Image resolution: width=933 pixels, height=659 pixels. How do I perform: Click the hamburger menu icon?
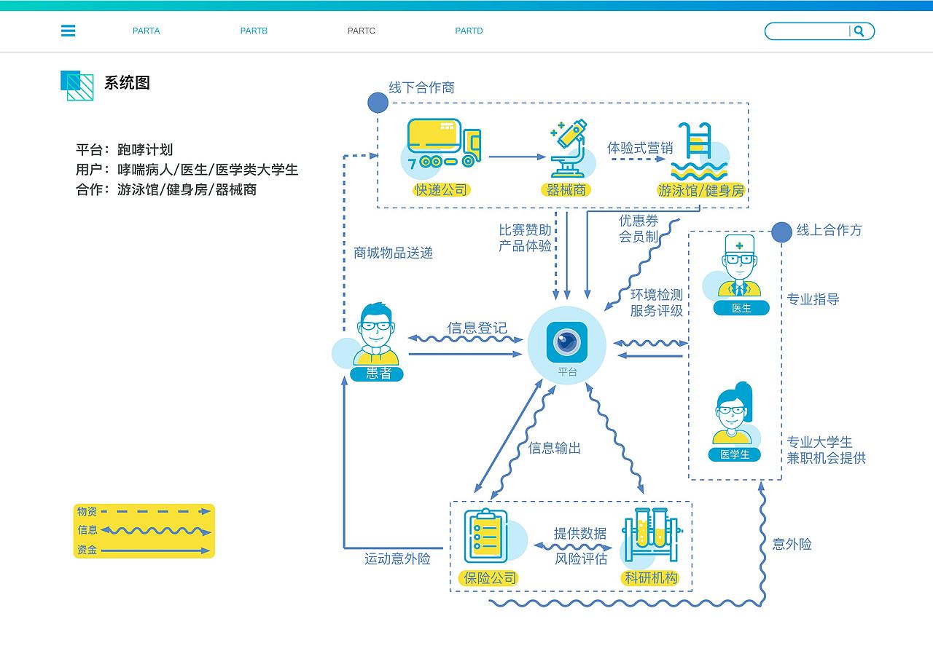coord(68,31)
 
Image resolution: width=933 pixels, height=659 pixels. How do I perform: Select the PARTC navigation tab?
coord(361,31)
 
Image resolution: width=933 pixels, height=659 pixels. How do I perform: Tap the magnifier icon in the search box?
coord(859,31)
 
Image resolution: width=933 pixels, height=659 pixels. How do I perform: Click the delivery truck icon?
coord(443,144)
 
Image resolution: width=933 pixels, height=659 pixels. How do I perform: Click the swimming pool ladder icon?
coord(697,151)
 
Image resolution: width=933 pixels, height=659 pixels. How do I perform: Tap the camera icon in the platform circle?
coord(567,341)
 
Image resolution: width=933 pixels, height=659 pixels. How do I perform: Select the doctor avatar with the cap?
coord(740,267)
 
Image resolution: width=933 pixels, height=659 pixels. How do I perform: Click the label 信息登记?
coord(477,328)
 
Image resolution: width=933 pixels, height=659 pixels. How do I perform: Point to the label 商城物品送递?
coord(393,253)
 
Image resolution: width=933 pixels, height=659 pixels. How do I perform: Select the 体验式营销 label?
coord(640,148)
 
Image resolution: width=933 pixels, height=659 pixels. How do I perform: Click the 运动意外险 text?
coord(397,559)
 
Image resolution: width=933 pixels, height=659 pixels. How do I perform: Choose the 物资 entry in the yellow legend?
coord(87,512)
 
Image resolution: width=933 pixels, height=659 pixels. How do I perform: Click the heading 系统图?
coord(127,83)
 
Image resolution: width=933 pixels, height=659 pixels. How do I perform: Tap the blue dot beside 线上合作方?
coord(781,232)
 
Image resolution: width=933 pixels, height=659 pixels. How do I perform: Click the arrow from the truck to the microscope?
coord(517,157)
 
